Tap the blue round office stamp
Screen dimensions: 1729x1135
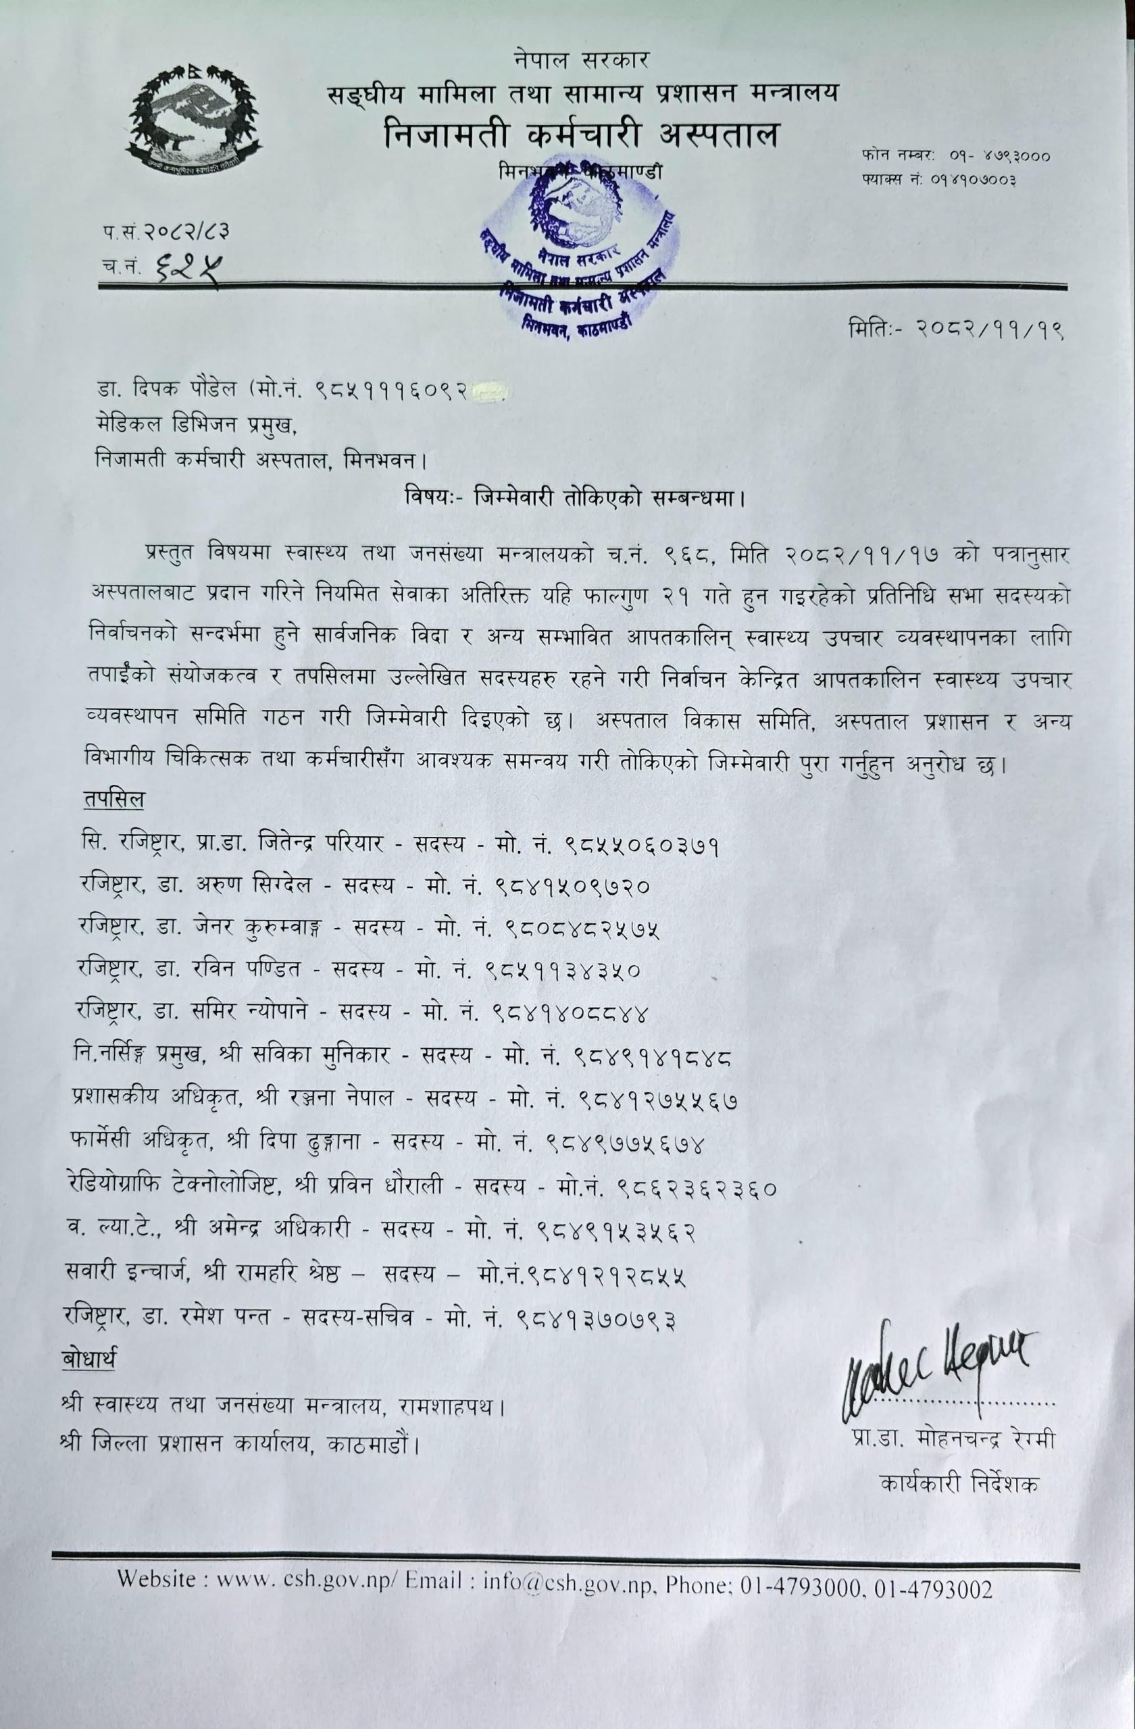578,254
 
